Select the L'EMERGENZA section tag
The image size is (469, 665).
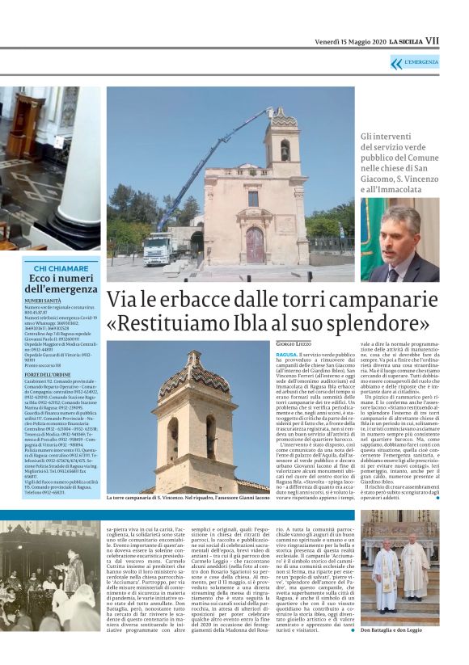click(421, 63)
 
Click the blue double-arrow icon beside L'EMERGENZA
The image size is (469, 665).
click(395, 63)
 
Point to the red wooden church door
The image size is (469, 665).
click(255, 243)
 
